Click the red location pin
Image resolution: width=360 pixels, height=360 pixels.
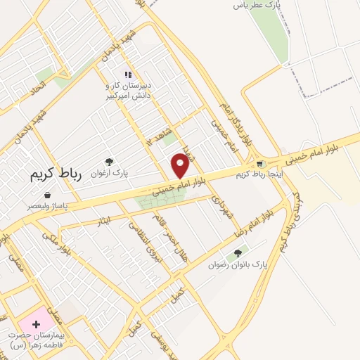(x=181, y=165)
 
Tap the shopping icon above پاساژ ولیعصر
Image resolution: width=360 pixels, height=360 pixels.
(x=46, y=195)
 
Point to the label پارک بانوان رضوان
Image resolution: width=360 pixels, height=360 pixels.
(x=238, y=265)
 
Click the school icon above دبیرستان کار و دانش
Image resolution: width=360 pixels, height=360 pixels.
(x=127, y=74)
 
